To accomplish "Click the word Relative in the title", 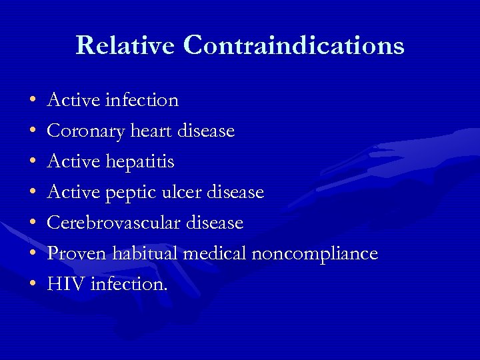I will click(x=125, y=45).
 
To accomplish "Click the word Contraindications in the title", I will click(x=293, y=45).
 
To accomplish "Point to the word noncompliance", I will click(x=315, y=254).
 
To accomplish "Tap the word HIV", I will click(x=66, y=285).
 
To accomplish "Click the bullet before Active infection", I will click(x=33, y=101).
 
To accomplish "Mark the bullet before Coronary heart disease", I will click(x=33, y=132).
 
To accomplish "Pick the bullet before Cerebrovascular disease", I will click(x=33, y=224).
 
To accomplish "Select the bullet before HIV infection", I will click(x=33, y=285).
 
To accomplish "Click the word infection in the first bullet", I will click(x=142, y=101).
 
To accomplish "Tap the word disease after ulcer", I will click(x=236, y=193).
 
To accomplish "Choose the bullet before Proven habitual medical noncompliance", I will click(x=33, y=255).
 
